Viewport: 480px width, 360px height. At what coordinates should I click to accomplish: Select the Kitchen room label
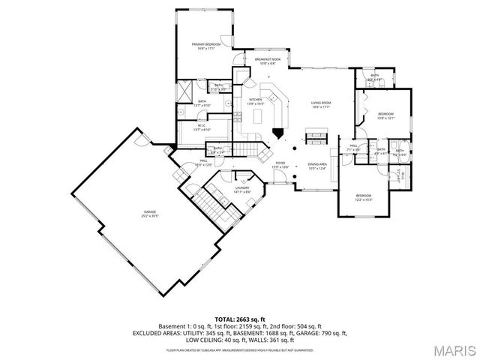[256, 101]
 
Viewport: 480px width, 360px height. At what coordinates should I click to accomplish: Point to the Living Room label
[321, 104]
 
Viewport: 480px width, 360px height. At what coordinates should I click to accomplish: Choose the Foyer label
[280, 164]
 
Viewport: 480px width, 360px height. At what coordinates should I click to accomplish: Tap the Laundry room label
[241, 190]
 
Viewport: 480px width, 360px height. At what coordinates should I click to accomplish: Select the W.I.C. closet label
[200, 127]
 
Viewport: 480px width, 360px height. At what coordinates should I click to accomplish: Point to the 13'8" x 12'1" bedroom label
[385, 116]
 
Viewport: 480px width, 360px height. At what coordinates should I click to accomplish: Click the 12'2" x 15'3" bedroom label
[363, 197]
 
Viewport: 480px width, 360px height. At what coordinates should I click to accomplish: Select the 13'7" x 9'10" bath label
[202, 103]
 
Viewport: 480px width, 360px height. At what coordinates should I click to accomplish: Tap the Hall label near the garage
[203, 162]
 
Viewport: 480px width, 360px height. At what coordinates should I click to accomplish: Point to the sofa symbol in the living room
[316, 136]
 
